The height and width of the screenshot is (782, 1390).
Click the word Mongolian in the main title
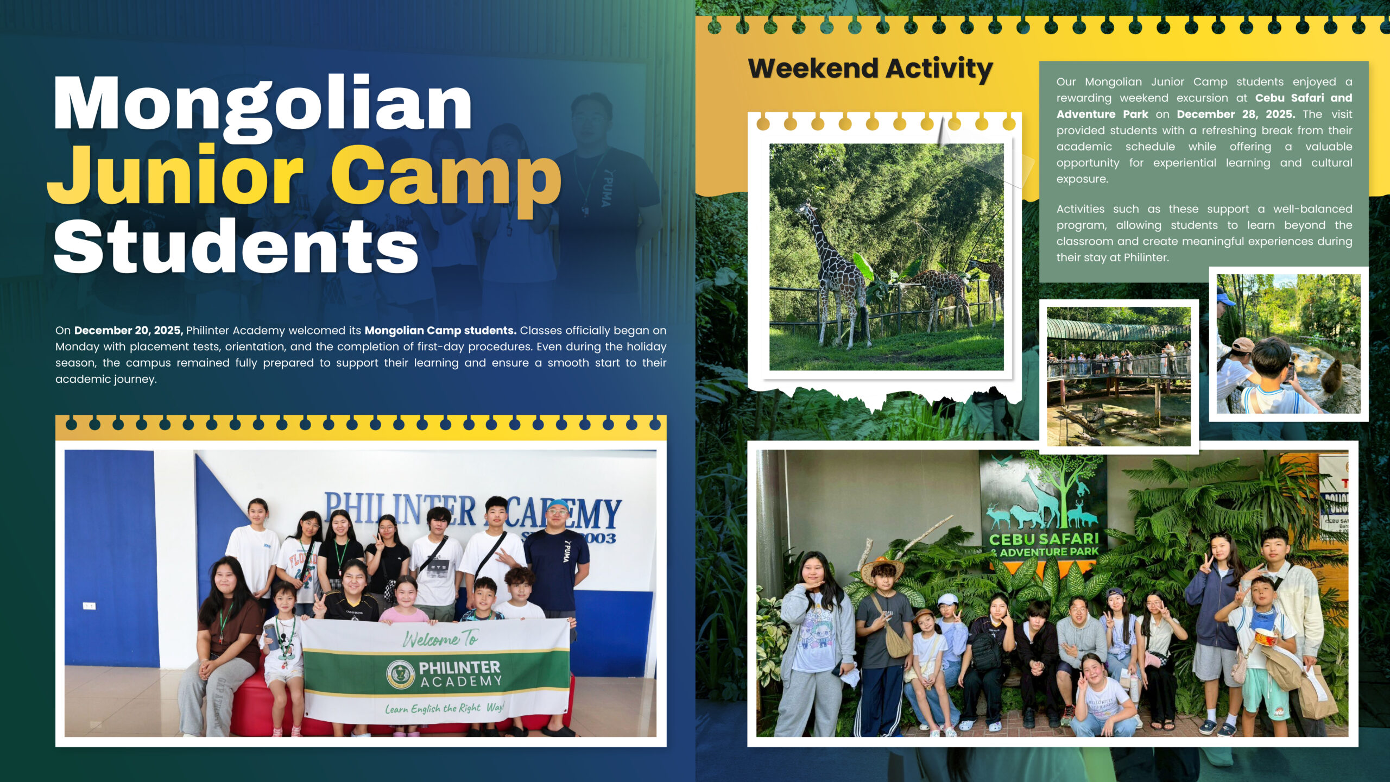[x=263, y=103]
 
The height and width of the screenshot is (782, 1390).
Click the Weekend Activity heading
[x=870, y=69]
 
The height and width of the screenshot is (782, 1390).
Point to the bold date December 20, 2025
[x=129, y=330]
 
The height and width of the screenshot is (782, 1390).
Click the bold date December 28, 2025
[x=1236, y=114]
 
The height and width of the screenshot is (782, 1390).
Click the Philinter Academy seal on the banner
[x=401, y=674]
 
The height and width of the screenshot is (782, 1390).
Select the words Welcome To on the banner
[x=440, y=639]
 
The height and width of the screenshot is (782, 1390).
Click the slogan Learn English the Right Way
[x=445, y=708]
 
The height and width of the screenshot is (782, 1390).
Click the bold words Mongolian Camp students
[x=440, y=330]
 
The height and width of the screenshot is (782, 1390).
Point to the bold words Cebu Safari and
[x=1303, y=98]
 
